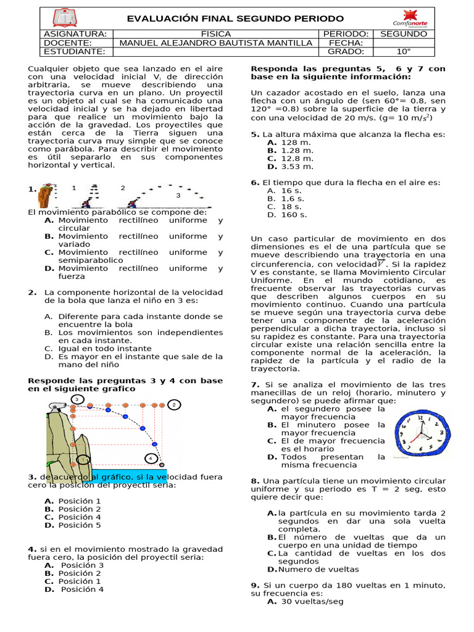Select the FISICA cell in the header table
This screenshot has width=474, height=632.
[216, 34]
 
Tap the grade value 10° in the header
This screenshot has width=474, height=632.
[404, 52]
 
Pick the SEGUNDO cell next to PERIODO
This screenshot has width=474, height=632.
[404, 34]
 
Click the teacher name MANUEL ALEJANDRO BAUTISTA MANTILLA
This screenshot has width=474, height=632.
[216, 43]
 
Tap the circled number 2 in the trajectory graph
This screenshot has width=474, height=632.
[174, 405]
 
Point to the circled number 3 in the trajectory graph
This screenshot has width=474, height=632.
[77, 399]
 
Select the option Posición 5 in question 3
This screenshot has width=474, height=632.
[80, 525]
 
